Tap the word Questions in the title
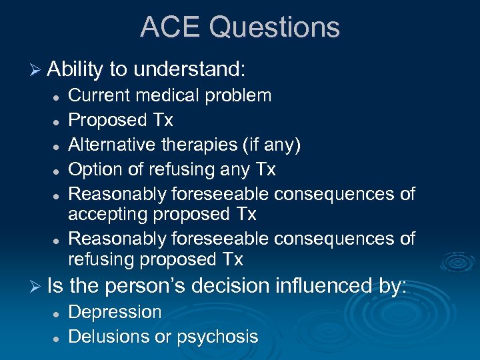tap(275, 28)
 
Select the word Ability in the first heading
tap(75, 69)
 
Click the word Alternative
tap(112, 145)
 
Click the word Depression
tap(115, 312)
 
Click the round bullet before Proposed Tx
tap(59, 121)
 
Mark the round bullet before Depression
tap(59, 313)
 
